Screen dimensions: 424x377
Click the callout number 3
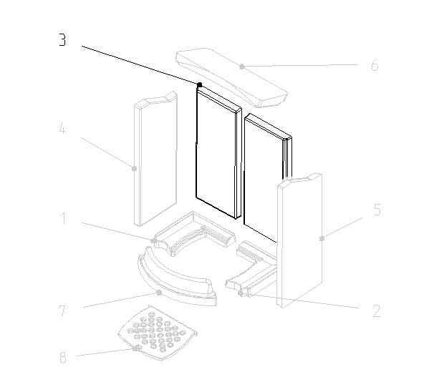pyautogui.click(x=62, y=39)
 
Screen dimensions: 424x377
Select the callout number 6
pyautogui.click(x=375, y=65)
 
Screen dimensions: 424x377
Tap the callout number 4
pyautogui.click(x=62, y=127)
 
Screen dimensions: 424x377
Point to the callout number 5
pyautogui.click(x=377, y=210)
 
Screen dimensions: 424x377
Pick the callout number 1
pyautogui.click(x=64, y=218)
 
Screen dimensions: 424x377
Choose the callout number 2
pyautogui.click(x=377, y=311)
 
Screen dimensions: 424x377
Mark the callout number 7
pyautogui.click(x=62, y=310)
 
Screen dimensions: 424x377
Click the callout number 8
pyautogui.click(x=62, y=358)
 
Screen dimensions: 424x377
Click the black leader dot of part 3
pyautogui.click(x=200, y=85)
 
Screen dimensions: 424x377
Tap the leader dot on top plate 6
pyautogui.click(x=242, y=67)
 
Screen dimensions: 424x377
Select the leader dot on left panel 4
pyautogui.click(x=134, y=169)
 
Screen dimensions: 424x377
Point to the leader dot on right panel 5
pyautogui.click(x=322, y=238)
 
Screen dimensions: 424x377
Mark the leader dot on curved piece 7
pyautogui.click(x=159, y=293)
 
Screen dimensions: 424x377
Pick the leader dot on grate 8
pyautogui.click(x=135, y=348)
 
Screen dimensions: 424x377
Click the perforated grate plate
pyautogui.click(x=158, y=333)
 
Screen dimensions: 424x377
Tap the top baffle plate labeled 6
pyautogui.click(x=232, y=78)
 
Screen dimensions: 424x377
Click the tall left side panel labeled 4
pyautogui.click(x=155, y=160)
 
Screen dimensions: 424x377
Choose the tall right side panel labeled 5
pyautogui.click(x=299, y=240)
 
